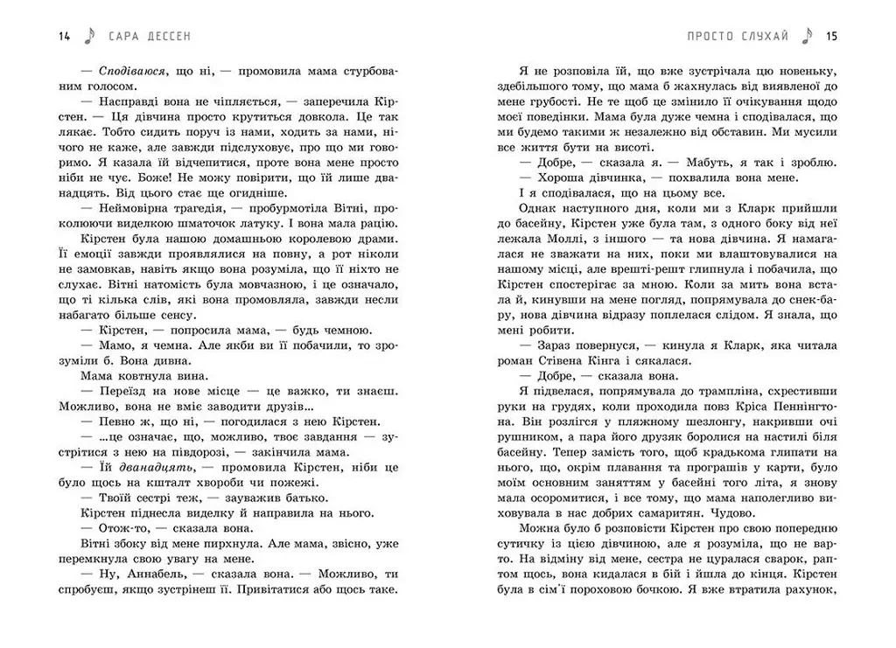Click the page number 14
(x=63, y=36)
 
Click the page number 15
(x=832, y=36)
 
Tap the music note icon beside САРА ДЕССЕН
(x=88, y=36)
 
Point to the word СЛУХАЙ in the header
(x=760, y=36)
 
